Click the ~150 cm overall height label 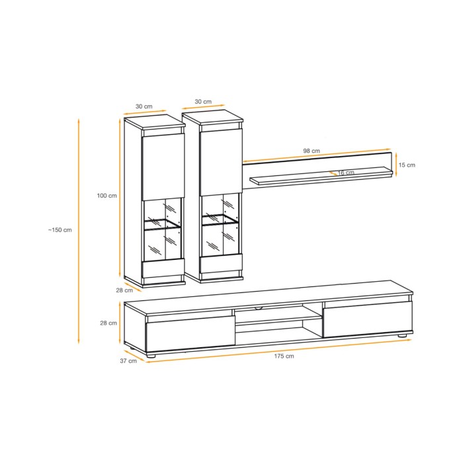60,230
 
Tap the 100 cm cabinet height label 107,196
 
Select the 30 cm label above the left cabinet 144,106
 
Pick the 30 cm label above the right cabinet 203,102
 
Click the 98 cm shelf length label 312,151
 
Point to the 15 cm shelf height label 407,165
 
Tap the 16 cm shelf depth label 346,173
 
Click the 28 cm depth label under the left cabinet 124,290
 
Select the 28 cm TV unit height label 108,323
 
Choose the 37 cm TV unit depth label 128,361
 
